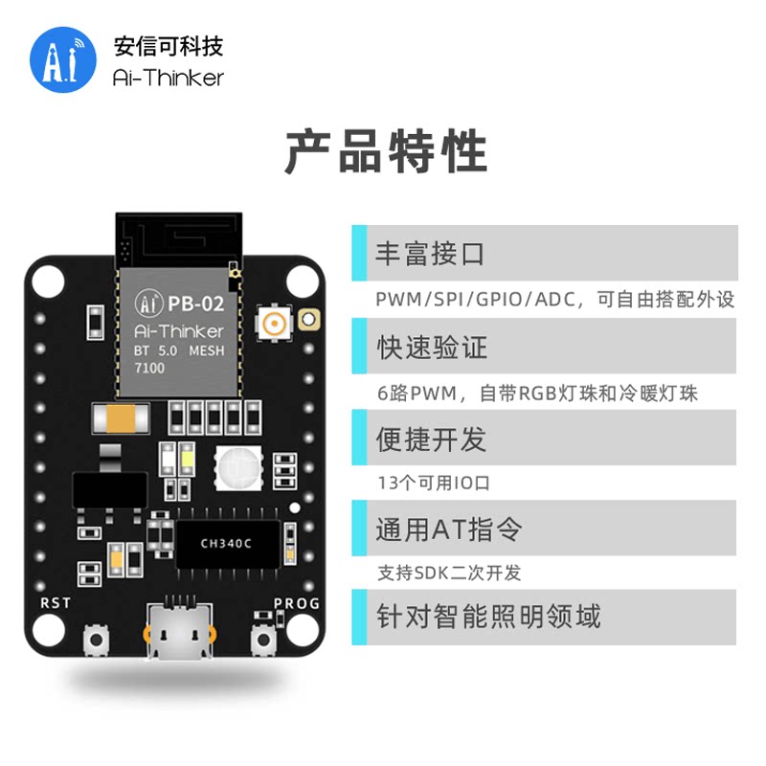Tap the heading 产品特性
[x=386, y=152]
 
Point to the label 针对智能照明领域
[x=488, y=616]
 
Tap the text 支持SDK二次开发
[x=449, y=574]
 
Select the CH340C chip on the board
[x=226, y=543]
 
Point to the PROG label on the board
[x=297, y=603]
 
